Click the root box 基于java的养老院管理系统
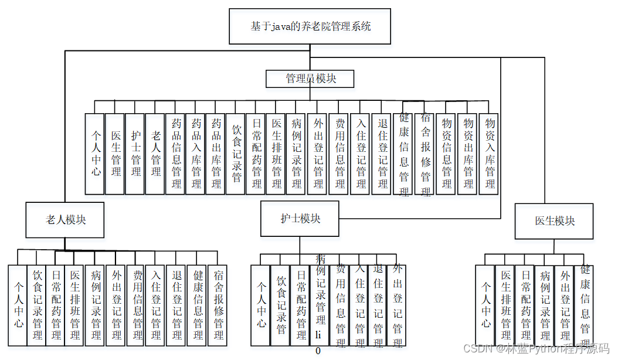click(310, 27)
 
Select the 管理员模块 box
click(310, 79)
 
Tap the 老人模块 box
click(65, 220)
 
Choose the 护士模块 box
click(300, 219)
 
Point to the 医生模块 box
click(554, 221)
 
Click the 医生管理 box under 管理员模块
click(116, 154)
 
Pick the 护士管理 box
click(136, 154)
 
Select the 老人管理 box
click(155, 154)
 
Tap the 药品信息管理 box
click(176, 154)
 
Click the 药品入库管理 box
click(196, 154)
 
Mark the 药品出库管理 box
click(216, 154)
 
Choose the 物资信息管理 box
click(447, 154)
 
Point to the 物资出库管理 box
click(467, 154)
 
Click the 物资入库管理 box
click(488, 154)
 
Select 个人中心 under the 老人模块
click(18, 305)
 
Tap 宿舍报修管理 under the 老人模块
click(219, 305)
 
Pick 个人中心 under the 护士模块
click(260, 305)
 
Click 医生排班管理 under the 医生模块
click(505, 305)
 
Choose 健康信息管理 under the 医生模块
click(584, 305)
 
